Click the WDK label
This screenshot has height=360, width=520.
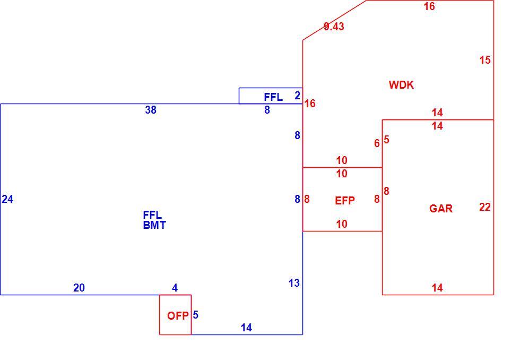click(401, 85)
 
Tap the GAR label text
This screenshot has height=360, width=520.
click(441, 208)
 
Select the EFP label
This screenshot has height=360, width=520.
click(344, 200)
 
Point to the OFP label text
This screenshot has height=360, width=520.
click(178, 315)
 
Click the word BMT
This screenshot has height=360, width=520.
click(154, 225)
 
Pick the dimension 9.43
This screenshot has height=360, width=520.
click(334, 27)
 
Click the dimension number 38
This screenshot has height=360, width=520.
click(151, 110)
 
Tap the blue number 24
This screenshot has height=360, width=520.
click(7, 199)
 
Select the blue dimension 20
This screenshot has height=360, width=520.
click(79, 288)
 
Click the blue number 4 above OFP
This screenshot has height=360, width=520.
click(175, 288)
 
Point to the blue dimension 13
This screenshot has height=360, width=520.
click(294, 283)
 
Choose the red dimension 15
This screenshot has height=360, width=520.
click(485, 60)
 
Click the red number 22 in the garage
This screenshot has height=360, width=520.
click(485, 207)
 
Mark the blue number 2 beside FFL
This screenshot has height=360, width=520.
click(297, 96)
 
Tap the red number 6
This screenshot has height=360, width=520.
click(377, 143)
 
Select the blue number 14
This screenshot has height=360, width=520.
click(246, 328)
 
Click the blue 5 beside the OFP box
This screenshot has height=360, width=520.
click(195, 314)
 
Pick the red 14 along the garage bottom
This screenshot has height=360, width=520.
click(437, 288)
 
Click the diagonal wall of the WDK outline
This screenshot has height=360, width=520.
click(335, 20)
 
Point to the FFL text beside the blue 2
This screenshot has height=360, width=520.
click(273, 97)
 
